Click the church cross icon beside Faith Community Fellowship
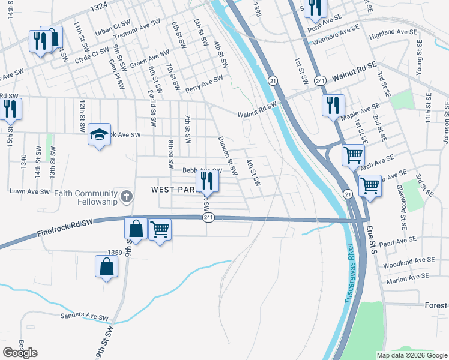pyautogui.click(x=126, y=196)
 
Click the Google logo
pyautogui.click(x=20, y=353)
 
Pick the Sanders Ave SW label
pyautogui.click(x=84, y=316)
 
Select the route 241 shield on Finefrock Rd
pyautogui.click(x=208, y=217)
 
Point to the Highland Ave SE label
pyautogui.click(x=393, y=32)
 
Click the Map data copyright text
pyautogui.click(x=412, y=355)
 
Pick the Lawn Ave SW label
pyautogui.click(x=29, y=191)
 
